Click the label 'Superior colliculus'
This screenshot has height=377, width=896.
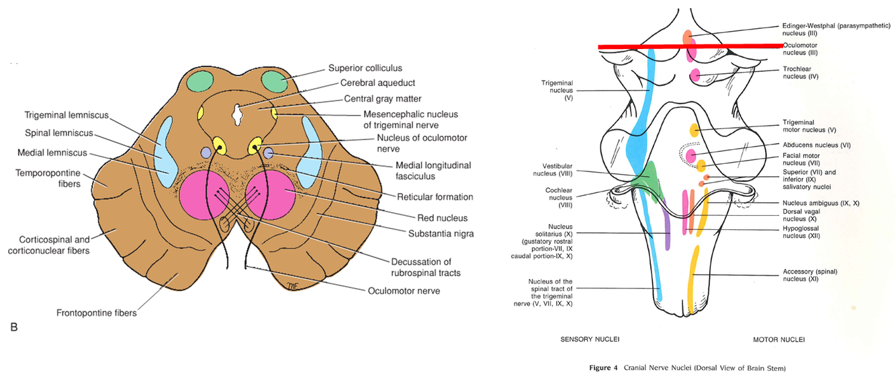(x=365, y=68)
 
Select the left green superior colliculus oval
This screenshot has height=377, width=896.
(x=199, y=82)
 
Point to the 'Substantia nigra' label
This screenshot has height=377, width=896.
(x=441, y=233)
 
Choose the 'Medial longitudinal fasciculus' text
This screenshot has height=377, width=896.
(x=433, y=171)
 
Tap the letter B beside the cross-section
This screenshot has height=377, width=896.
(x=13, y=327)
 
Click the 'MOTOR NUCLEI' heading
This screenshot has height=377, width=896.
(x=778, y=339)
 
